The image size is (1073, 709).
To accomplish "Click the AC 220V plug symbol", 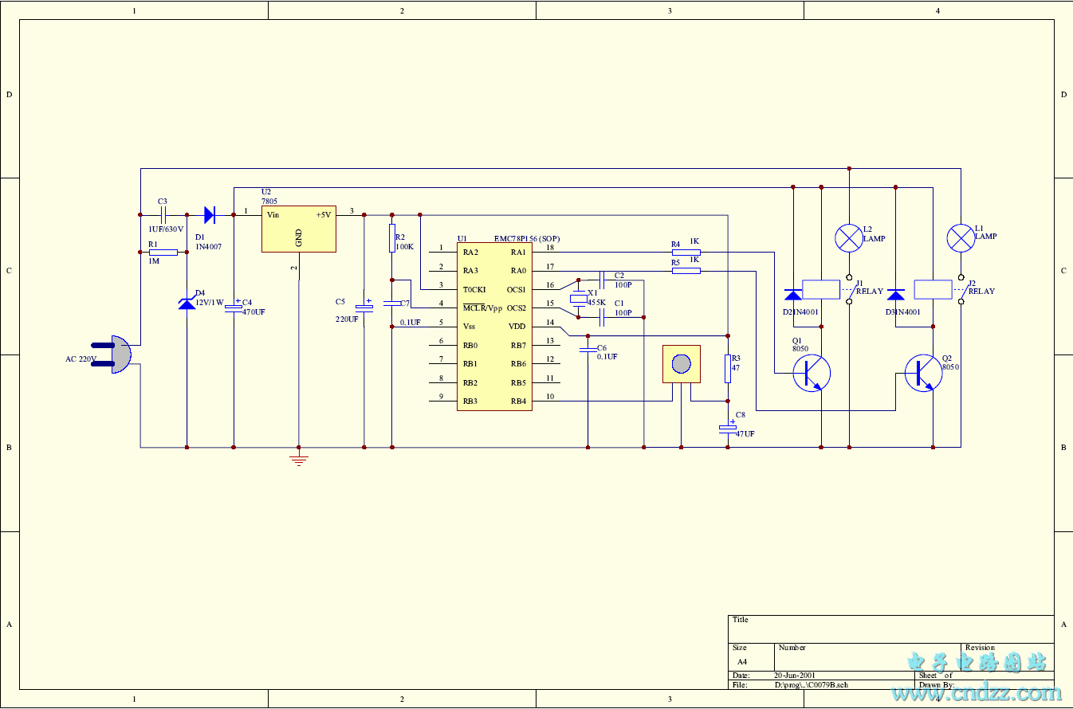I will pyautogui.click(x=116, y=354).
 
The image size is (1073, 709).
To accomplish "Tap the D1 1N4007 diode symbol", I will pyautogui.click(x=210, y=214).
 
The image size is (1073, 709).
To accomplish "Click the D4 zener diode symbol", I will pyautogui.click(x=187, y=302).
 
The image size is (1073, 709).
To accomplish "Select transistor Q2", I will pyautogui.click(x=924, y=372).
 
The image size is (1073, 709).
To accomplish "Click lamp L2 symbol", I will pyautogui.click(x=849, y=237).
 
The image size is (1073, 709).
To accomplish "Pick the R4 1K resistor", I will pyautogui.click(x=686, y=252).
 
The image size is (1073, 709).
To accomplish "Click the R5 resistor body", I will pyautogui.click(x=686, y=271).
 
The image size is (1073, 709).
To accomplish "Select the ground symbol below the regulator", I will pyautogui.click(x=299, y=460).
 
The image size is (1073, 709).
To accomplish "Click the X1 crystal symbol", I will pyautogui.click(x=578, y=299).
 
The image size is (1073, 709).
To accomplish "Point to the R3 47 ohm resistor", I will pyautogui.click(x=727, y=368).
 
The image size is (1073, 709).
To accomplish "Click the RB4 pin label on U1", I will pyautogui.click(x=518, y=402).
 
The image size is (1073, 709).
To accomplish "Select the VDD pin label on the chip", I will pyautogui.click(x=517, y=327).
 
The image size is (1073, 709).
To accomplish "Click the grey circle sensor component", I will pyautogui.click(x=681, y=364).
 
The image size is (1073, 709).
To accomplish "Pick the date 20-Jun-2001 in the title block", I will pyautogui.click(x=795, y=676).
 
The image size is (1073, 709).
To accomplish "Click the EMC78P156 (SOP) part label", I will pyautogui.click(x=527, y=238).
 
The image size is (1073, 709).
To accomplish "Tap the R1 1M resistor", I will pyautogui.click(x=163, y=252).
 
